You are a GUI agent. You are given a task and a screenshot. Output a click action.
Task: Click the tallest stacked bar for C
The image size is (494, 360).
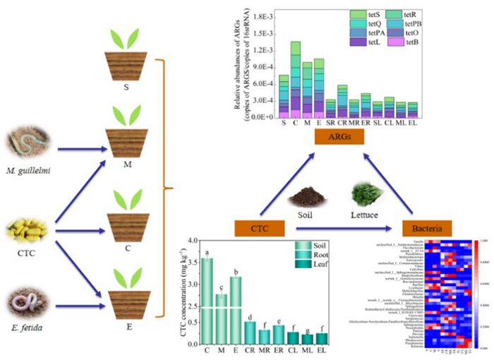(295, 78)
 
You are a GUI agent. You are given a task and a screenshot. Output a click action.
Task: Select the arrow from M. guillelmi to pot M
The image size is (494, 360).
(76, 150)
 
